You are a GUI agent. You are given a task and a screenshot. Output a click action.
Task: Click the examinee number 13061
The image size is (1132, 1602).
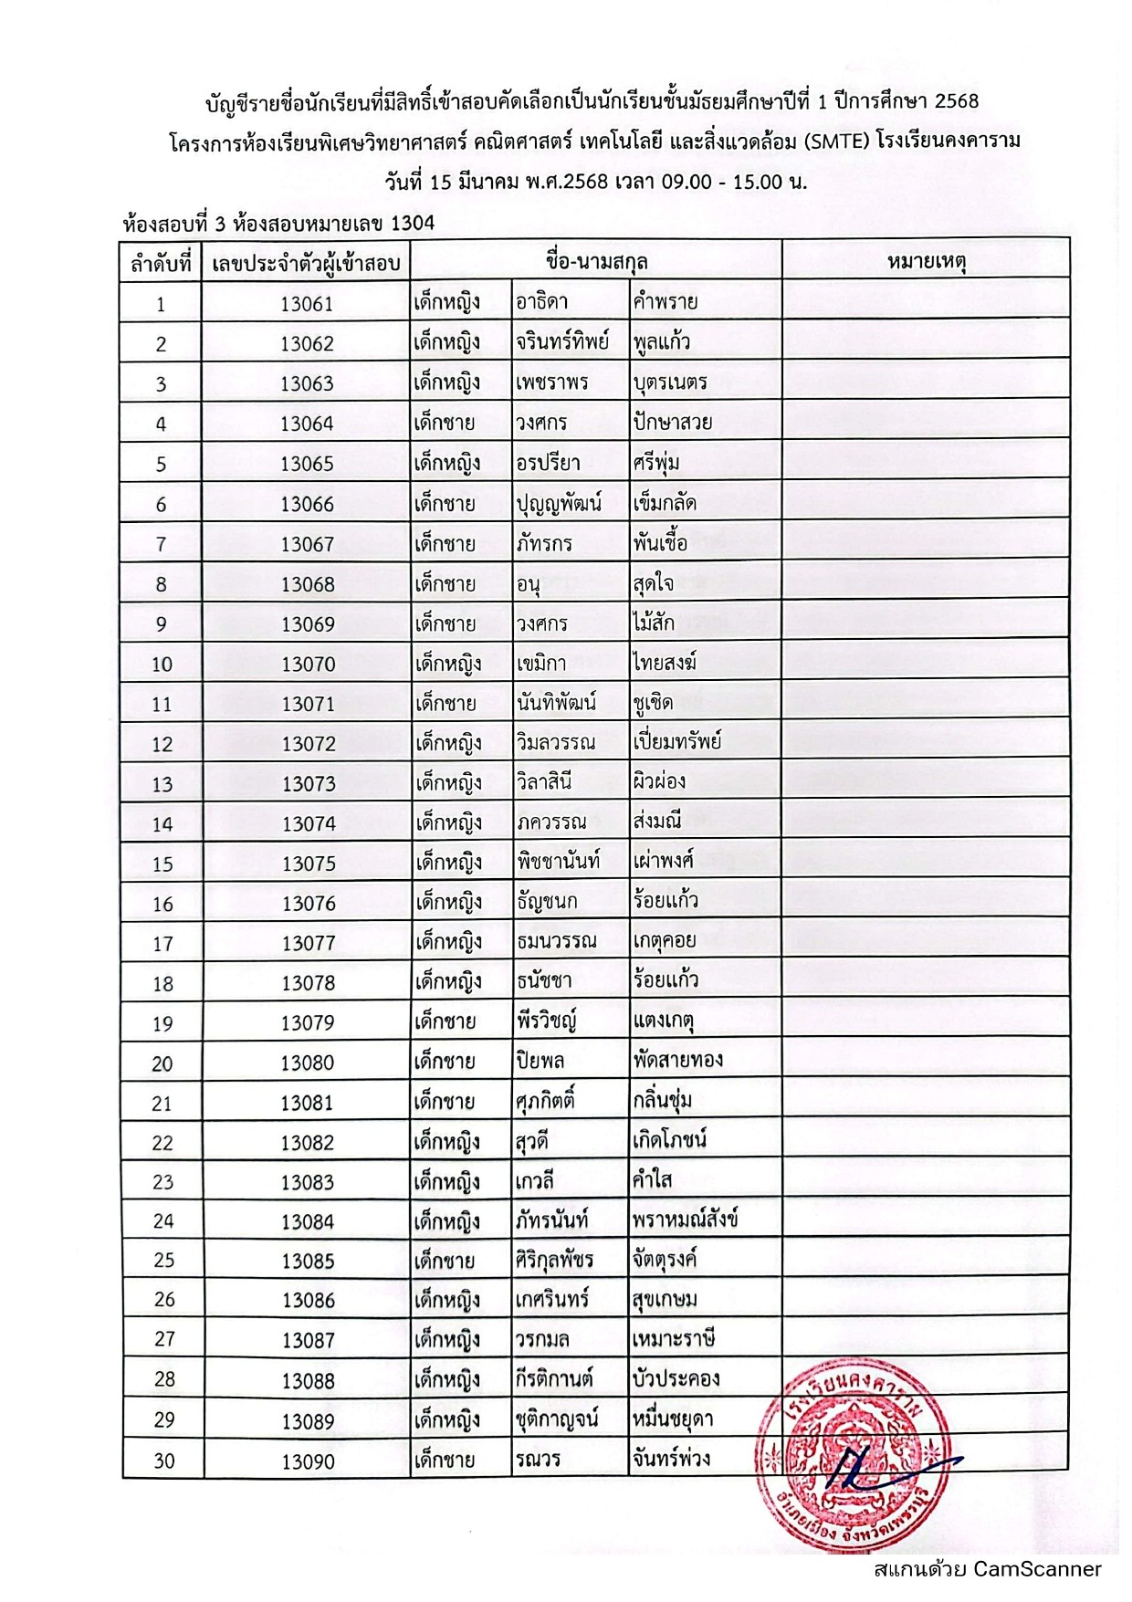tap(307, 304)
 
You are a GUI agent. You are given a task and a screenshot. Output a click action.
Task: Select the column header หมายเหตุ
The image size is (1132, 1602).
tap(926, 263)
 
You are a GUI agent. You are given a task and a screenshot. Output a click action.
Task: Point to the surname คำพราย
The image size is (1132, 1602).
tap(666, 302)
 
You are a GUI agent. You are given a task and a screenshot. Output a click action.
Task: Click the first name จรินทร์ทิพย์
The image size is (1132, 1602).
tap(561, 342)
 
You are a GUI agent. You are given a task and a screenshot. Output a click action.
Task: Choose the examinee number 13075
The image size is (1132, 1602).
tap(309, 864)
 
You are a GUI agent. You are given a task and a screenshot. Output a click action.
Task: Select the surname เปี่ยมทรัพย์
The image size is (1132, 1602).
tap(676, 742)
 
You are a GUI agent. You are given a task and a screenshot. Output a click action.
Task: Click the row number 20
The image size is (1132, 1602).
tap(162, 1063)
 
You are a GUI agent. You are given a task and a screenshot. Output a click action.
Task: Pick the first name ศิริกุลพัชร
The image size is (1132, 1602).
tap(554, 1261)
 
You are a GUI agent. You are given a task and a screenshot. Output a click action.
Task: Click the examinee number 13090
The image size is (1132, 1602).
tap(309, 1461)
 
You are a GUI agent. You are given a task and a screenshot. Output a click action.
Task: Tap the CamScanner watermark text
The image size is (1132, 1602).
tap(987, 1569)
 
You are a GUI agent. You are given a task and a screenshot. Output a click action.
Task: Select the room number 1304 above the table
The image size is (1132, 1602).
tap(413, 224)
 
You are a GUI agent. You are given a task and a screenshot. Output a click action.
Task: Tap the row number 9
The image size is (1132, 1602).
tap(162, 624)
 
